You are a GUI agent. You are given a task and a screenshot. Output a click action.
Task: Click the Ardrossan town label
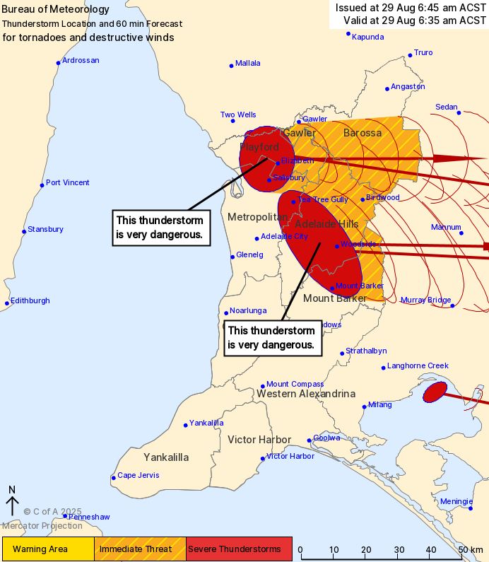click(81, 61)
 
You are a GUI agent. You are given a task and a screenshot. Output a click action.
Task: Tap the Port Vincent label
click(68, 183)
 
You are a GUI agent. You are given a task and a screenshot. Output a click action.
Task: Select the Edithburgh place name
click(30, 300)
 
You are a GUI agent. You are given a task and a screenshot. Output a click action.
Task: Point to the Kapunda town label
click(367, 37)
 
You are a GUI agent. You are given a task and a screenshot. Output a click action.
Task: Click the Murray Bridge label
click(425, 300)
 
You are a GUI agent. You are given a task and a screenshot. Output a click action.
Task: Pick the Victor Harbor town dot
click(262, 459)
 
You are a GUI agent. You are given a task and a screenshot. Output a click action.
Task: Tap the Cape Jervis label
click(138, 476)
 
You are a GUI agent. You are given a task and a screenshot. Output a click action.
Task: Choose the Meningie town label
click(456, 501)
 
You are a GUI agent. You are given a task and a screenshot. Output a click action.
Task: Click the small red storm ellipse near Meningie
click(435, 392)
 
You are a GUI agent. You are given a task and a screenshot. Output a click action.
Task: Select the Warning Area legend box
click(48, 549)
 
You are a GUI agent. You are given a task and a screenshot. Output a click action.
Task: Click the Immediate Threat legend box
click(140, 549)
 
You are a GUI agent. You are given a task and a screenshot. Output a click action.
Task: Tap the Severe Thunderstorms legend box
click(239, 549)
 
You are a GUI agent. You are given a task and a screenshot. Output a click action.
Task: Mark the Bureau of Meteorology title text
click(56, 10)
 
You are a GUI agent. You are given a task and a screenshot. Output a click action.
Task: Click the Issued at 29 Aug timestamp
click(411, 8)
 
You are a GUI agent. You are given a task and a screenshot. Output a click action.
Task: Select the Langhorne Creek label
click(418, 365)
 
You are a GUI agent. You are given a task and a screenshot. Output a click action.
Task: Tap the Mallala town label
click(247, 64)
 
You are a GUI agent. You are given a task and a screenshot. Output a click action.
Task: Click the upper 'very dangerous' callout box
click(162, 227)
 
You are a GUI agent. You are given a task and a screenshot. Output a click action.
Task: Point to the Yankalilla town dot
click(186, 425)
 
